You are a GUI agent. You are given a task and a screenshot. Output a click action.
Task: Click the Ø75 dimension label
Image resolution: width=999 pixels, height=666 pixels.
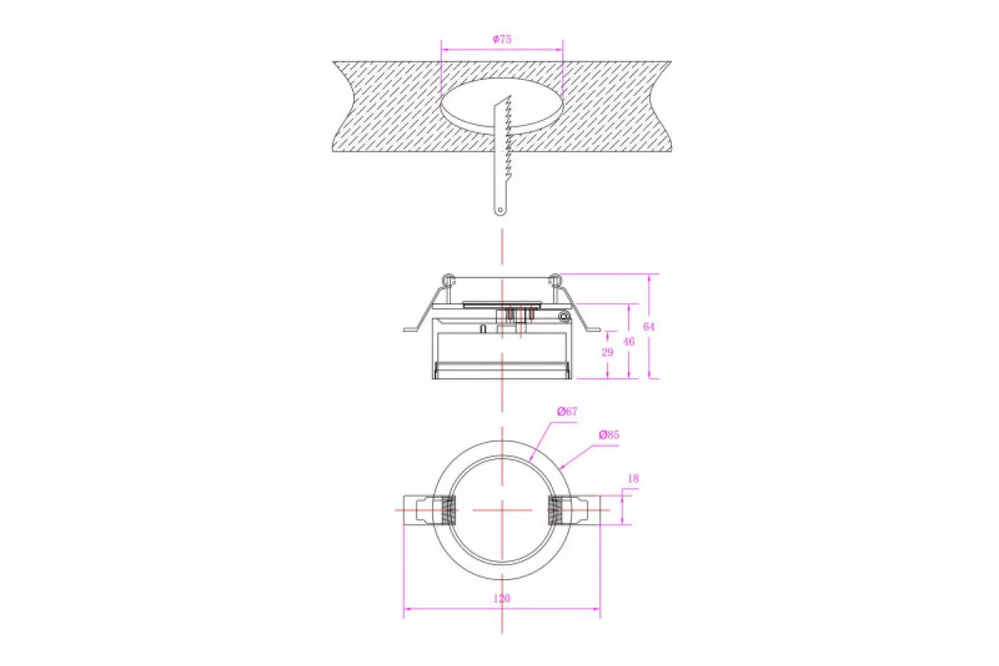(x=502, y=39)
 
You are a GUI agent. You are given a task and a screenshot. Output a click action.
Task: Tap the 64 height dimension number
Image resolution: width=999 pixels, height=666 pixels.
(x=649, y=326)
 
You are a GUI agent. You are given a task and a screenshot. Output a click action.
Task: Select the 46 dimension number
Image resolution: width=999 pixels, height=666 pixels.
(x=629, y=341)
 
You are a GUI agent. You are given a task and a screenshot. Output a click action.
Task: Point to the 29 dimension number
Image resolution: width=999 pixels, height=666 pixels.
(x=607, y=352)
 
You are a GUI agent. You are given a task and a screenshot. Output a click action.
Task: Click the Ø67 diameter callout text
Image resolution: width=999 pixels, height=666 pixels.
(x=567, y=411)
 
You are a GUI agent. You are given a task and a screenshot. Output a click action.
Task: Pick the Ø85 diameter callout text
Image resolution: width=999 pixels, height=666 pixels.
(x=609, y=435)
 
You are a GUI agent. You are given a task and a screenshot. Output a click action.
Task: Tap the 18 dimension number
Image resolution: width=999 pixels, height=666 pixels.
(x=634, y=479)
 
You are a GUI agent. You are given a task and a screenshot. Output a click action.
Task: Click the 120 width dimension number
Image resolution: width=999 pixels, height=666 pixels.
(x=502, y=599)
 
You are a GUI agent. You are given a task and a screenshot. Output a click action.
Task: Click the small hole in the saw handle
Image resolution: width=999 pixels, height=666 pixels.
(x=500, y=210)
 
